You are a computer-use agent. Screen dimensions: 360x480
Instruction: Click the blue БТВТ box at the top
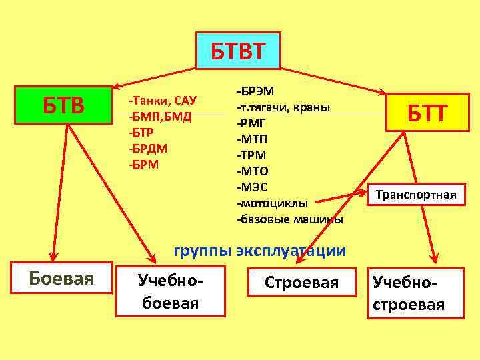point(238,50)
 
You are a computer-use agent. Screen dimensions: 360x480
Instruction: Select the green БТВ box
point(63,105)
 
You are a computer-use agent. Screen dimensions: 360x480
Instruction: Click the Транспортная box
point(416,195)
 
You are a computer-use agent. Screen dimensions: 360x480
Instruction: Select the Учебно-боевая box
point(171,291)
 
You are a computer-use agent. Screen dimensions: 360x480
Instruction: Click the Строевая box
point(301,283)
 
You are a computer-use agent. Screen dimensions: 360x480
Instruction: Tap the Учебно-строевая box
point(409,293)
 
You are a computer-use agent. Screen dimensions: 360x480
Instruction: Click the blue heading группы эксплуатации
point(259,251)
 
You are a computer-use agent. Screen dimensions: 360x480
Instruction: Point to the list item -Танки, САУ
point(162,101)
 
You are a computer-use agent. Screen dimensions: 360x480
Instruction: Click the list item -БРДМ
point(148,148)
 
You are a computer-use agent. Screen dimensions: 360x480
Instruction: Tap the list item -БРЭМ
point(259,91)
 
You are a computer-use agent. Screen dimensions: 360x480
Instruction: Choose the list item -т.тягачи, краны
point(283,107)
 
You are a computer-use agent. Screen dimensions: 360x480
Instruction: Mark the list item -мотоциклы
point(272,203)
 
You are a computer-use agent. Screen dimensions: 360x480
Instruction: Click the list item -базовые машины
point(289,219)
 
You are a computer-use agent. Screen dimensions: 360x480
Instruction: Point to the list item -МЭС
point(253,187)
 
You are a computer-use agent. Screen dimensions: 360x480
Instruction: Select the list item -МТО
point(253,171)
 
